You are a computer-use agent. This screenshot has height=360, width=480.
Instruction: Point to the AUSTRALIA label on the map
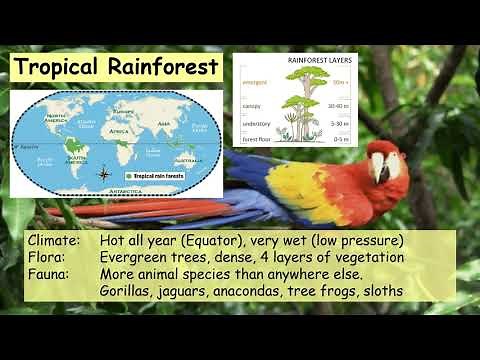click(x=181, y=159)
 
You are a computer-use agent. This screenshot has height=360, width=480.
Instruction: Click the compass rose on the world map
click(x=106, y=174)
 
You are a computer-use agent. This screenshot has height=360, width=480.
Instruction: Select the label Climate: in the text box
click(x=56, y=241)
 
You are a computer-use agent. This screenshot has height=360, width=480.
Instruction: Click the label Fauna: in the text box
click(x=51, y=273)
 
